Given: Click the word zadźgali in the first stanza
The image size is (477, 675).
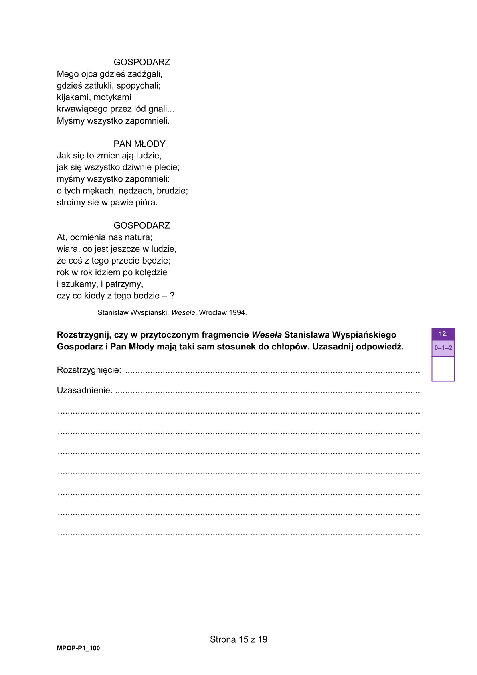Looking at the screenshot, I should pyautogui.click(x=145, y=74).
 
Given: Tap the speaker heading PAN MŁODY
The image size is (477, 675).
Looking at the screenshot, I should pyautogui.click(x=139, y=144).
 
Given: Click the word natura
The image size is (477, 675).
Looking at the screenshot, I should pyautogui.click(x=137, y=237).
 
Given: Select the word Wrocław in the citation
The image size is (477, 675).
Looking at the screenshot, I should pyautogui.click(x=213, y=313).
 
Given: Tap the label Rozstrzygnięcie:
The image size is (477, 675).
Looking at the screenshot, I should pyautogui.click(x=89, y=370).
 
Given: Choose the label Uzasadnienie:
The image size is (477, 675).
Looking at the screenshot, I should pyautogui.click(x=85, y=390).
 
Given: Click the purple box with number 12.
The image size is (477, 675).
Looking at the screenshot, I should pyautogui.click(x=443, y=334).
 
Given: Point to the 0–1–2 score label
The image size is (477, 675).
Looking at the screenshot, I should pyautogui.click(x=443, y=348).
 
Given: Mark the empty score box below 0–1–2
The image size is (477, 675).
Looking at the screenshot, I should pyautogui.click(x=443, y=369).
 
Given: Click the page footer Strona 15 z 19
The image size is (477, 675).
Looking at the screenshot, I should pyautogui.click(x=238, y=639).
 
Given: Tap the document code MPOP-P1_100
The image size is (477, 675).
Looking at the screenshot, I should pyautogui.click(x=78, y=648).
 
